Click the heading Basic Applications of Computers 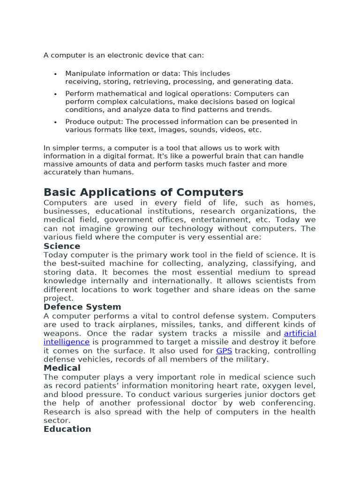coord(143,192)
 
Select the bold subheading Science coord(62,246)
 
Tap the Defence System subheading coord(82,307)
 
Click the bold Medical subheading coord(62,368)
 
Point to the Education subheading coord(67,429)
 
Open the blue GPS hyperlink coord(224,351)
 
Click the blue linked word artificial coord(300,333)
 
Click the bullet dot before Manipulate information coord(55,74)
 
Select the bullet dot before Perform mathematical coord(55,94)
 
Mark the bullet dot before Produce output coord(55,122)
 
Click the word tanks coord(219,324)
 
